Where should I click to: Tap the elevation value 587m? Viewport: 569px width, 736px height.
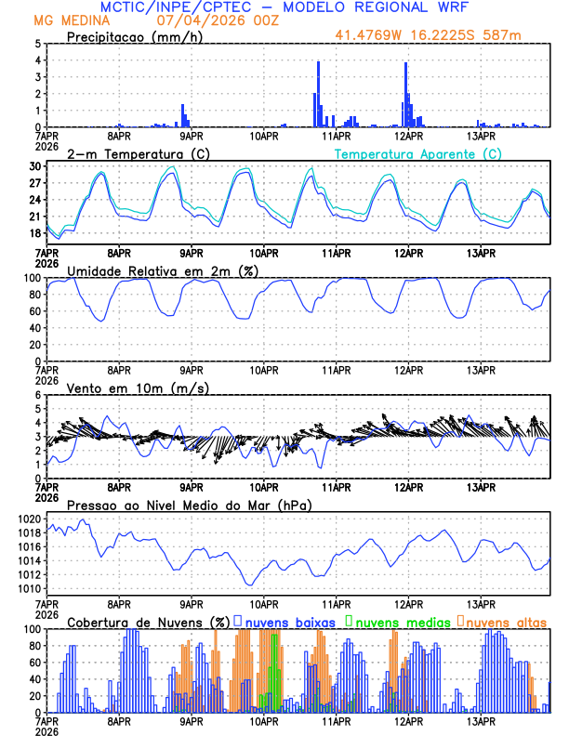506,35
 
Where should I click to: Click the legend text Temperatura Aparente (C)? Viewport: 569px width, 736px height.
418,153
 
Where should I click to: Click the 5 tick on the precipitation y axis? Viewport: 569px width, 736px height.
37,44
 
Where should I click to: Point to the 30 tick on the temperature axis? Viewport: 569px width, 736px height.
34,166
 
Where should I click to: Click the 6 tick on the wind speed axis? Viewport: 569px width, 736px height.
37,395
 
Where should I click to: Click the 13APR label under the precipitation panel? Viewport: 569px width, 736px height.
481,135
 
